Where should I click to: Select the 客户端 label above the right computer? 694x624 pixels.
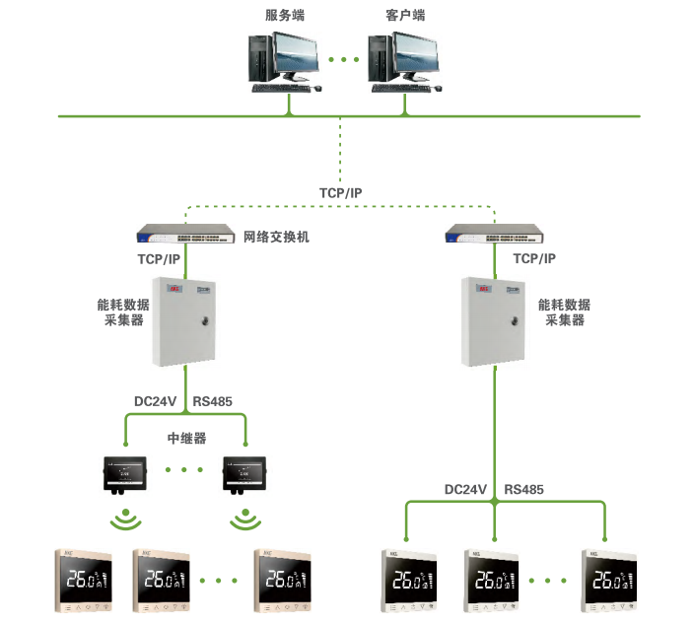pyautogui.click(x=404, y=16)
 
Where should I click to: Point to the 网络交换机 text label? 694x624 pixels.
pyautogui.click(x=277, y=238)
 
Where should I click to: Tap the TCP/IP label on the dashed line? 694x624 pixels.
pyautogui.click(x=339, y=192)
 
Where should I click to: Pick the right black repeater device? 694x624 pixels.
pyautogui.click(x=243, y=475)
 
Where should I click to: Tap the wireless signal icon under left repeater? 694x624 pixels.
pyautogui.click(x=124, y=520)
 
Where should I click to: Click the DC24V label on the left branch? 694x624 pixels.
pyautogui.click(x=155, y=402)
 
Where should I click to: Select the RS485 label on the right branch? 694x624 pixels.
pyautogui.click(x=523, y=489)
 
